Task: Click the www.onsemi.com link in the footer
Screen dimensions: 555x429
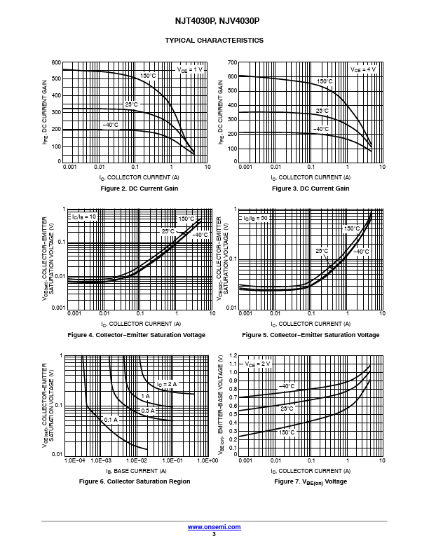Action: click(x=214, y=526)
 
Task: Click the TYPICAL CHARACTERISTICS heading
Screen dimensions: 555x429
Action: click(x=214, y=41)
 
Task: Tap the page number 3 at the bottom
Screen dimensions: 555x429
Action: click(x=214, y=534)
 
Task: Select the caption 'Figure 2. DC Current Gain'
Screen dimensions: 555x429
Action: click(x=139, y=189)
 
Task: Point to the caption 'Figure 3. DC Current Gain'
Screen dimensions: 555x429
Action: click(x=311, y=189)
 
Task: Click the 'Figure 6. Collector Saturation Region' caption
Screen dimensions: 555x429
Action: click(x=135, y=481)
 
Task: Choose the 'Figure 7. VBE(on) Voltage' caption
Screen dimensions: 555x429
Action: click(x=311, y=481)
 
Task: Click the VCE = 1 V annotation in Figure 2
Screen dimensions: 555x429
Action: click(x=189, y=69)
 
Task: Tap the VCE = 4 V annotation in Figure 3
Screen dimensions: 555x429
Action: click(x=363, y=69)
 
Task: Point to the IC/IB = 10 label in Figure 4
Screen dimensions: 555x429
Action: click(x=83, y=217)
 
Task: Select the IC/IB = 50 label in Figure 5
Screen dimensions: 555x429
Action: click(x=257, y=218)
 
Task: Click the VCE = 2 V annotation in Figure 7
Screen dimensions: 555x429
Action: click(x=257, y=364)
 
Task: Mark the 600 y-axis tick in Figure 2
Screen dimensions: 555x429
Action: click(x=56, y=62)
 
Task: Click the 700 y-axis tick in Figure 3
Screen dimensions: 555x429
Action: click(x=232, y=62)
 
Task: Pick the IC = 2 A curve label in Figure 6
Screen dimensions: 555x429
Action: click(x=167, y=384)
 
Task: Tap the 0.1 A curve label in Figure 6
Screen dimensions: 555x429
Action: click(x=110, y=419)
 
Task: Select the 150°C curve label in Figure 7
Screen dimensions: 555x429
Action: click(x=287, y=433)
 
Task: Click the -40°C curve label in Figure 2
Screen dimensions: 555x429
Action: click(x=110, y=125)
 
